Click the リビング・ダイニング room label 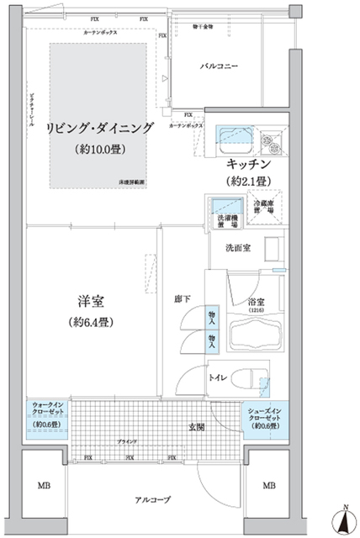coord(100,128)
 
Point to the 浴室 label coord(255,301)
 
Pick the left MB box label coord(43,485)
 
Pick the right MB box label coord(268,485)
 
